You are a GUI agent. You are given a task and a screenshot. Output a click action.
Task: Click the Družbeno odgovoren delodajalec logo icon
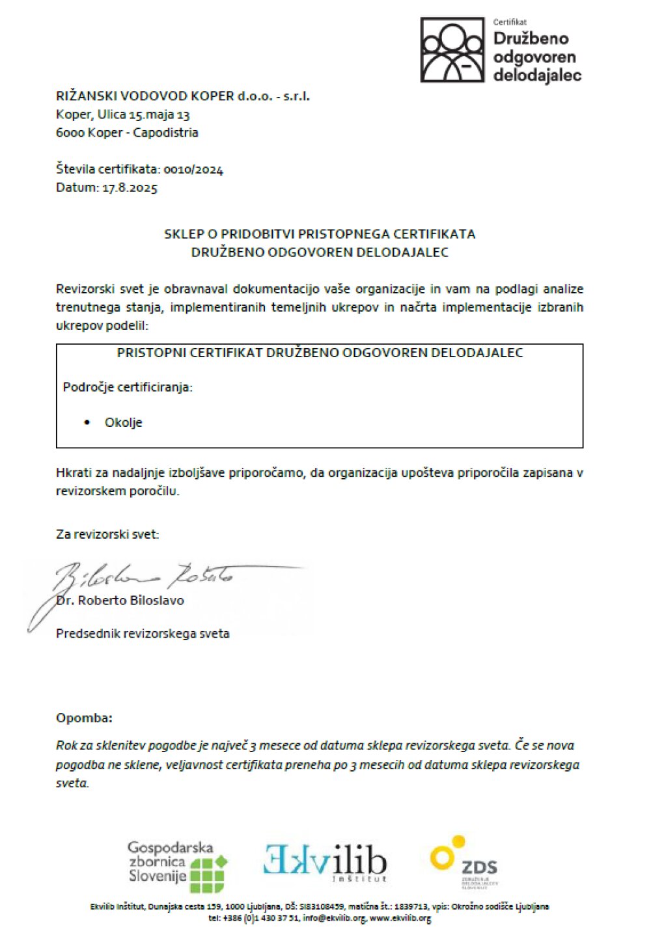coord(452,49)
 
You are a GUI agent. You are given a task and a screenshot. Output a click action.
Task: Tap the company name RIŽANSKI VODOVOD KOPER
coord(145,96)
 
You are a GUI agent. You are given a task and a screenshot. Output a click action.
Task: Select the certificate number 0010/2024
coord(193,170)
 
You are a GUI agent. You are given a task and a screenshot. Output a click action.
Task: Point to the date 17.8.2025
coord(130,188)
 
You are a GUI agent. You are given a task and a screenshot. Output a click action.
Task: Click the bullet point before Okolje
coord(87,423)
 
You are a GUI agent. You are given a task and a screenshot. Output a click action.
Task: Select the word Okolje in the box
coord(123,423)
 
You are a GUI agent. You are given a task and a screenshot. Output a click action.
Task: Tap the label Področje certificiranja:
coord(128,387)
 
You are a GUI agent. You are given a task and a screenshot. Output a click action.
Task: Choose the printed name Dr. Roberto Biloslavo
coord(120,601)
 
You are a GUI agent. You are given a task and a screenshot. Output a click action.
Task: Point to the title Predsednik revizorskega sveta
coord(143,634)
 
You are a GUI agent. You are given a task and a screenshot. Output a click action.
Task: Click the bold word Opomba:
coord(84,718)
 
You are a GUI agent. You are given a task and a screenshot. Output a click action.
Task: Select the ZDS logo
coord(464,862)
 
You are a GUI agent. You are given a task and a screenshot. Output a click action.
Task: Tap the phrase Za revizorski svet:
coord(107,535)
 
